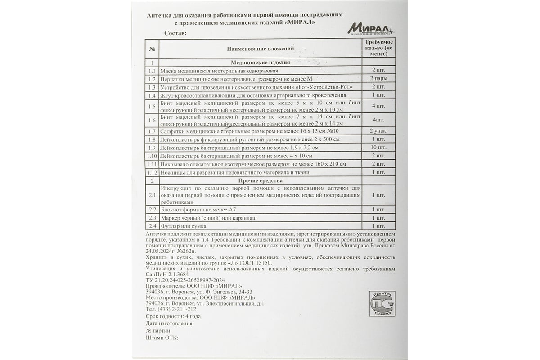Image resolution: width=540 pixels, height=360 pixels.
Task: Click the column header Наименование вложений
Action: pos(261,48)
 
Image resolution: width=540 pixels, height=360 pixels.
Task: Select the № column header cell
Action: pos(152,48)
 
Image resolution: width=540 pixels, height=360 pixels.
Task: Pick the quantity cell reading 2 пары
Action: pos(378,79)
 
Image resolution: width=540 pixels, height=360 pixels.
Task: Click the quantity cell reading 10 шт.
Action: pos(378,148)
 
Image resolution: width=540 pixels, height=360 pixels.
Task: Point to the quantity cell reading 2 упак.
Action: pos(378,131)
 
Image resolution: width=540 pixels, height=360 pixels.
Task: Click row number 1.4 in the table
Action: pos(152,95)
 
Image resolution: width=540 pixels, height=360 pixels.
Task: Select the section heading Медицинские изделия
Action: pos(261,63)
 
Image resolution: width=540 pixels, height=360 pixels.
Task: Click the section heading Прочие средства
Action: pos(261,180)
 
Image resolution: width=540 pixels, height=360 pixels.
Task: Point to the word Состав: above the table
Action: pos(175,33)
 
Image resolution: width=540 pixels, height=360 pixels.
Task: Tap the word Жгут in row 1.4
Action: pos(167,95)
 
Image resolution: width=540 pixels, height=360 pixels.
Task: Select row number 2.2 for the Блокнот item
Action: pos(152,210)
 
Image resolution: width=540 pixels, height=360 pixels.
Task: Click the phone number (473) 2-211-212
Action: pos(178,309)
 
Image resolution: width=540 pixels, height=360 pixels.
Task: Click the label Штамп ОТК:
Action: pos(162,337)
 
